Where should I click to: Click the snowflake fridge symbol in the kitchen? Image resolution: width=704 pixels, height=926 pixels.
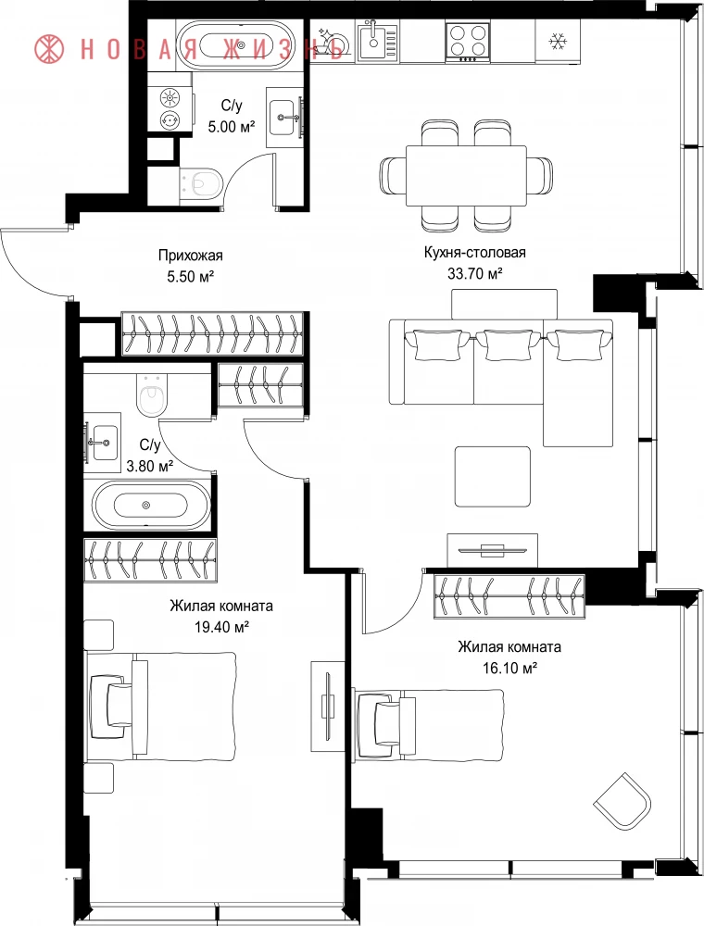click(557, 42)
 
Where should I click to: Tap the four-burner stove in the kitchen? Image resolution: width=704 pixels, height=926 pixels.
click(468, 41)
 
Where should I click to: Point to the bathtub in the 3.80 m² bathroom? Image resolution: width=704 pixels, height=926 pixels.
click(146, 505)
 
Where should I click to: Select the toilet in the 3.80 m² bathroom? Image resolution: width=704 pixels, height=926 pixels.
click(151, 394)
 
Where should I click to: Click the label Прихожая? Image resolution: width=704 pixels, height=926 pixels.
click(190, 256)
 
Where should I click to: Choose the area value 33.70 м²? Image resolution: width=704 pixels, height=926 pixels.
click(475, 273)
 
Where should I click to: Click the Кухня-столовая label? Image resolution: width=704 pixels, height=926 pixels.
click(475, 253)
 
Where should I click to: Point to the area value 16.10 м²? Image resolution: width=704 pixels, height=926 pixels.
click(509, 668)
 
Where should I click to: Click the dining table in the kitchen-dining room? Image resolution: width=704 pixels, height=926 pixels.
click(467, 175)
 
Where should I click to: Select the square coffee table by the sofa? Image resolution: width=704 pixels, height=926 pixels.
click(493, 477)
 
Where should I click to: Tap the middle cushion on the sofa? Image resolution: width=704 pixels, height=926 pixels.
click(508, 344)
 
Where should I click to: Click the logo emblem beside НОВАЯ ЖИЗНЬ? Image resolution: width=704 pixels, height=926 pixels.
click(50, 48)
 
